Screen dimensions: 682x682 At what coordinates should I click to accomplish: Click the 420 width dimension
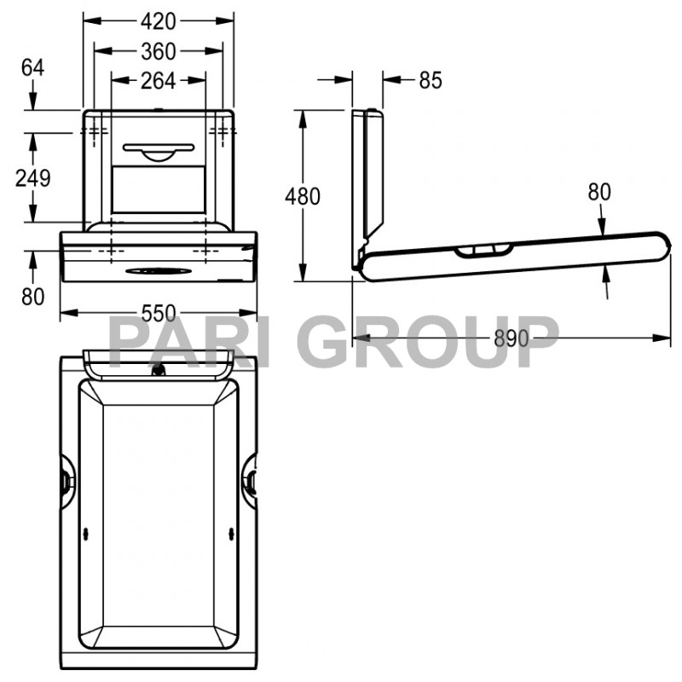pyautogui.click(x=158, y=20)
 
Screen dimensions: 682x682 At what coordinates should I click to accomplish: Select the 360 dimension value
pyautogui.click(x=158, y=51)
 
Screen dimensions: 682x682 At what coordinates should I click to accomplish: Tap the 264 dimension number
pyautogui.click(x=158, y=80)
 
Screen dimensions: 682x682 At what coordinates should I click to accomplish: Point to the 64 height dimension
pyautogui.click(x=32, y=67)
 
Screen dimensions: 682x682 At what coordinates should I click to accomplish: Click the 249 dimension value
pyautogui.click(x=32, y=178)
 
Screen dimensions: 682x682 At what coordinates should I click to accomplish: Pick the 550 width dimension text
pyautogui.click(x=158, y=313)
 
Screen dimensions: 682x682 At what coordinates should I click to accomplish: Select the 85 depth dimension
pyautogui.click(x=431, y=80)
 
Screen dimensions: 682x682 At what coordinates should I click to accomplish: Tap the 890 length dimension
pyautogui.click(x=511, y=338)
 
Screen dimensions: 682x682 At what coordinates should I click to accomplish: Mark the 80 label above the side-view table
pyautogui.click(x=599, y=192)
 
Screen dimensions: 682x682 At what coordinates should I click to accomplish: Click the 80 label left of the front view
pyautogui.click(x=32, y=298)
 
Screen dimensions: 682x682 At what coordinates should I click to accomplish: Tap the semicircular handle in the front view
pyautogui.click(x=158, y=153)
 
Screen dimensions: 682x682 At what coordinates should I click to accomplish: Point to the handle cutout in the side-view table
pyautogui.click(x=483, y=250)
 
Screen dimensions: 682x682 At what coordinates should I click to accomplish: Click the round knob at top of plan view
pyautogui.click(x=158, y=370)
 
